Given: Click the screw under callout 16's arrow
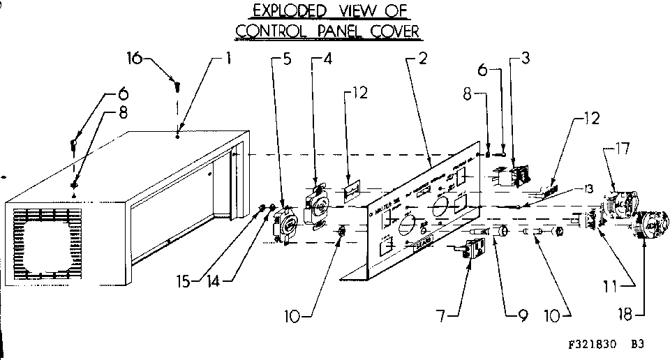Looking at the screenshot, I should (177, 87).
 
